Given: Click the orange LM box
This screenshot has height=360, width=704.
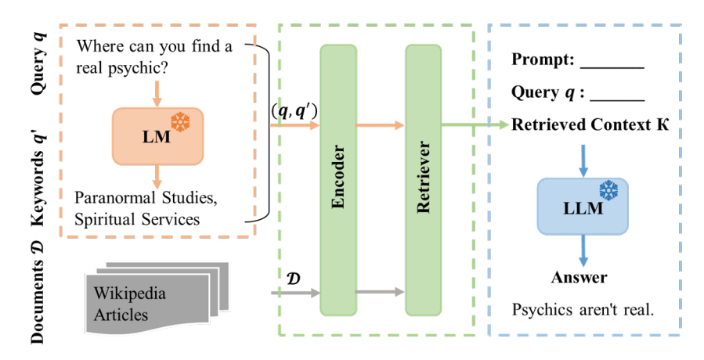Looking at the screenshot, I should (157, 135).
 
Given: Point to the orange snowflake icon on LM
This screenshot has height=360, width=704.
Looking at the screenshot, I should (181, 122).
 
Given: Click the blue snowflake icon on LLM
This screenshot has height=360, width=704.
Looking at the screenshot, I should (608, 190).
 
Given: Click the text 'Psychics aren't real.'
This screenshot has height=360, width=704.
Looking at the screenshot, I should (583, 309).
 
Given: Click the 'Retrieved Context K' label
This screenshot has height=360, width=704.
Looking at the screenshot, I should (590, 125).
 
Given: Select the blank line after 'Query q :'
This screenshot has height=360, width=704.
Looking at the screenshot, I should (616, 94).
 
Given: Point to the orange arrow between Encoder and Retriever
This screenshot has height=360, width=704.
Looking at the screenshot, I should (381, 124).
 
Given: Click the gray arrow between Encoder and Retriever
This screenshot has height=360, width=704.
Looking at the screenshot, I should (381, 293).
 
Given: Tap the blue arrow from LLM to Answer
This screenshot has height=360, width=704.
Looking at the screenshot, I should (581, 250).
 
